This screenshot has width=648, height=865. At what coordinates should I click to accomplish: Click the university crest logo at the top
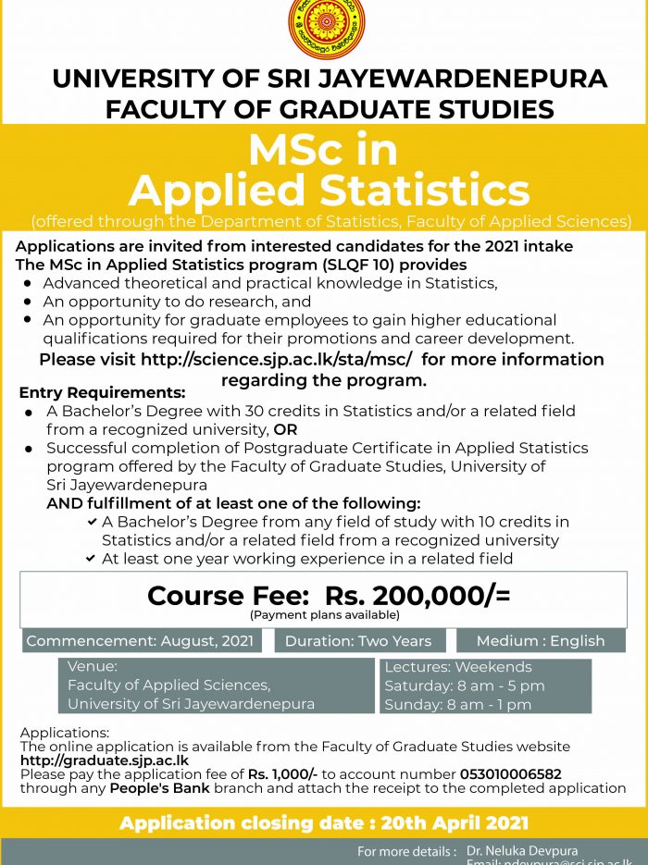pos(326,29)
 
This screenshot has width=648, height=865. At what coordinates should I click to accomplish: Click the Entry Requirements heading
pos(102,392)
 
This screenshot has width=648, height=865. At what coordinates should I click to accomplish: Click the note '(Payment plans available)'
pos(324,614)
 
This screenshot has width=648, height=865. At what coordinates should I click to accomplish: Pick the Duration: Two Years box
pos(358,641)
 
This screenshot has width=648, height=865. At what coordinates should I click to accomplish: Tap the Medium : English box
pos(541,641)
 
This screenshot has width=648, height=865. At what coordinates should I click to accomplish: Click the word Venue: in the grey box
pos(93,666)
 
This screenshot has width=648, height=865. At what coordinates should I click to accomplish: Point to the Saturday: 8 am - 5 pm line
pos(465,686)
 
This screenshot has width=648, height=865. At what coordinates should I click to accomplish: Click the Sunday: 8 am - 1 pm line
pos(458,705)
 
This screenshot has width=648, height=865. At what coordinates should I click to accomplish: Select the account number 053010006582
pos(511,774)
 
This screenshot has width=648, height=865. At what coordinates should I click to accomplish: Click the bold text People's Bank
pos(158,788)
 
